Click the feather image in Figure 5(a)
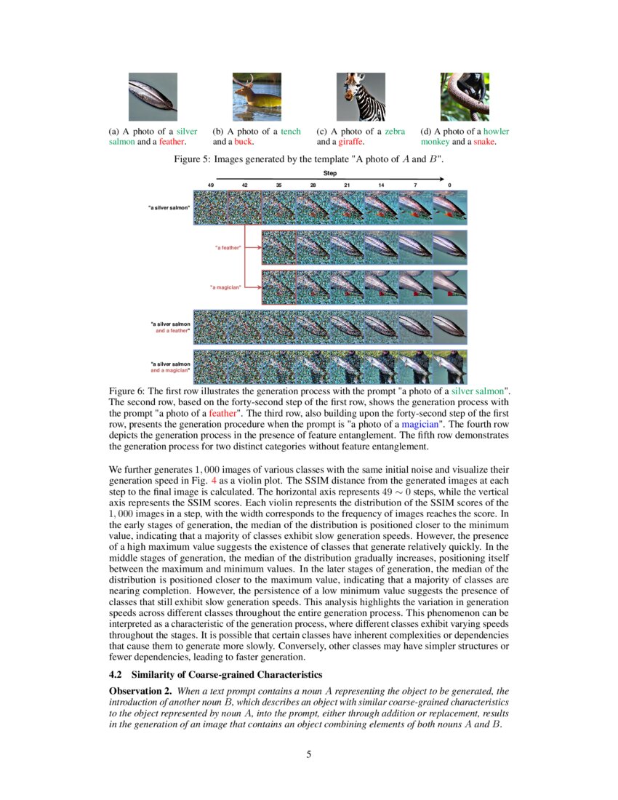tap(153, 97)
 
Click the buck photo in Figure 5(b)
tap(257, 97)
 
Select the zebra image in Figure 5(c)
tap(361, 97)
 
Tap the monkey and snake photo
tap(465, 97)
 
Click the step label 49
tap(211, 185)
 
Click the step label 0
tap(449, 185)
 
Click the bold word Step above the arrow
tap(330, 173)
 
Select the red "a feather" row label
tap(228, 248)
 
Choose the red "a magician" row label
tap(226, 287)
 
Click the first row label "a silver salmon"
tap(169, 208)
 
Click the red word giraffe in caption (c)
tap(348, 142)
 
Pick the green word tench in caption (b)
tap(291, 132)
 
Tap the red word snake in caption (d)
tap(483, 142)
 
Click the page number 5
tap(309, 754)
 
